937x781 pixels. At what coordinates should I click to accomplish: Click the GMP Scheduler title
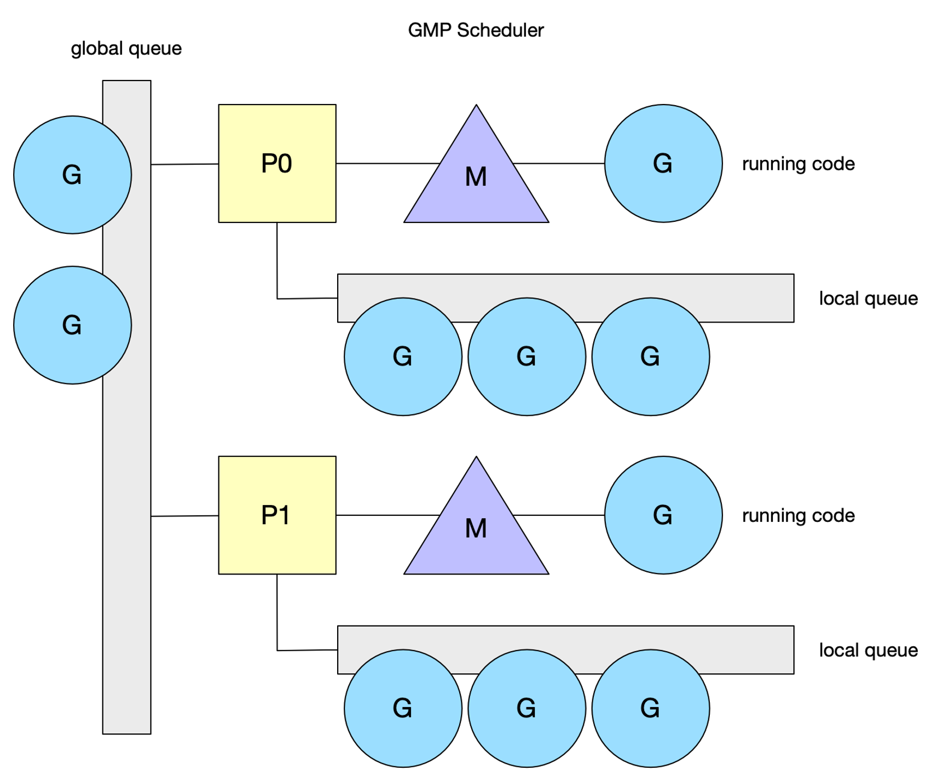(x=476, y=30)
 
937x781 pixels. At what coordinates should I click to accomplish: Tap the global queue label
(x=126, y=49)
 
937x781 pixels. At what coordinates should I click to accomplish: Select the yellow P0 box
(x=277, y=163)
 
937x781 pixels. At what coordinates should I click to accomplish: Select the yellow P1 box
(x=277, y=515)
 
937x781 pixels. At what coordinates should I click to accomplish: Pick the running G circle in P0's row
(x=663, y=163)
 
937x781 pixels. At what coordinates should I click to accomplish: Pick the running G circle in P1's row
(x=663, y=515)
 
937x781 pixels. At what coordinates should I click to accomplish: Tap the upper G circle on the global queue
(x=72, y=175)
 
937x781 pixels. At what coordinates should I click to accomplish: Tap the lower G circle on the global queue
(x=72, y=325)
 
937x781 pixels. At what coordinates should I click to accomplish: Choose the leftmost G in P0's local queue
(x=403, y=357)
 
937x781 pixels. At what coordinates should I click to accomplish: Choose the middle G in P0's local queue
(x=527, y=357)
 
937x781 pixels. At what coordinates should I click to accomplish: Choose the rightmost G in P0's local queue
(x=651, y=357)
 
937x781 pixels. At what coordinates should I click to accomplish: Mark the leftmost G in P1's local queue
(x=403, y=708)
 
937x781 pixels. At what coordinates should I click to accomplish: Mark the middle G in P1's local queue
(x=527, y=708)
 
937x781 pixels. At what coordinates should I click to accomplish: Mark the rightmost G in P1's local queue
(x=651, y=708)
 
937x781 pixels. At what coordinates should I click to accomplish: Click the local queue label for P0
(x=868, y=298)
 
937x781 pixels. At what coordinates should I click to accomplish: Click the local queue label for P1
(x=868, y=650)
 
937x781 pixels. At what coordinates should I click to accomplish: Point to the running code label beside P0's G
(x=798, y=164)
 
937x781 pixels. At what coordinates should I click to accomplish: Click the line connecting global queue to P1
(x=184, y=516)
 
